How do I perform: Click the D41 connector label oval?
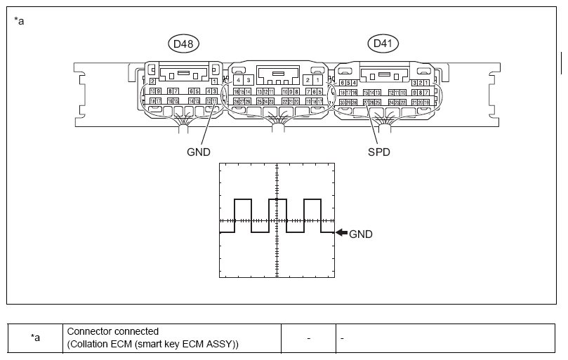coord(383,44)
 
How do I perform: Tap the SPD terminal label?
coord(379,152)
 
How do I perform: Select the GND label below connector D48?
coord(197,152)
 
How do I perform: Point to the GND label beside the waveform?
coord(361,234)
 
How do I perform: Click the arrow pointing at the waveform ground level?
coord(341,233)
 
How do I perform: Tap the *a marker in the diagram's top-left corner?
coord(20,20)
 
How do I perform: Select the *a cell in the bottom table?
coord(35,338)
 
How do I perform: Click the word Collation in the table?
coord(89,343)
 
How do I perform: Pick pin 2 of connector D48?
coord(152,81)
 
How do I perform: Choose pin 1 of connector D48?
coord(213,81)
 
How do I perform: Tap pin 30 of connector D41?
coord(341,102)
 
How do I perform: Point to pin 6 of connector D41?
coord(341,83)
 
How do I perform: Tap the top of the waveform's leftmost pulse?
coord(243,200)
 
